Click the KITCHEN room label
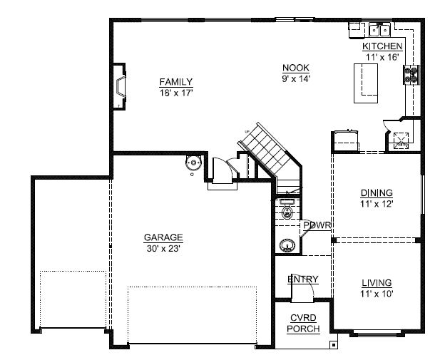coord(382,46)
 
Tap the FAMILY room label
coord(176,82)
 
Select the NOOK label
coord(296,68)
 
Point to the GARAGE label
coord(163,237)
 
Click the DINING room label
coord(377,193)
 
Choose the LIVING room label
coord(377,283)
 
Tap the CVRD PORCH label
coord(303,324)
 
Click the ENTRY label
coord(303,279)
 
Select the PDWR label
coord(317,225)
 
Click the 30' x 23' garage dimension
coord(163,249)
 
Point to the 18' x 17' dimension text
coord(176,93)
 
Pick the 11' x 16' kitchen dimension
coord(382,57)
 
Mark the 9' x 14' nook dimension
coord(296,78)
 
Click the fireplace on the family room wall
coord(120,86)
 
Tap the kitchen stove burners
coord(411,75)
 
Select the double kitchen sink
coord(379,30)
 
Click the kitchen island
coord(366,83)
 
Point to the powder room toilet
coord(287,210)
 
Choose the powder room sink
coord(287,245)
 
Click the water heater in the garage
coord(193,163)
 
